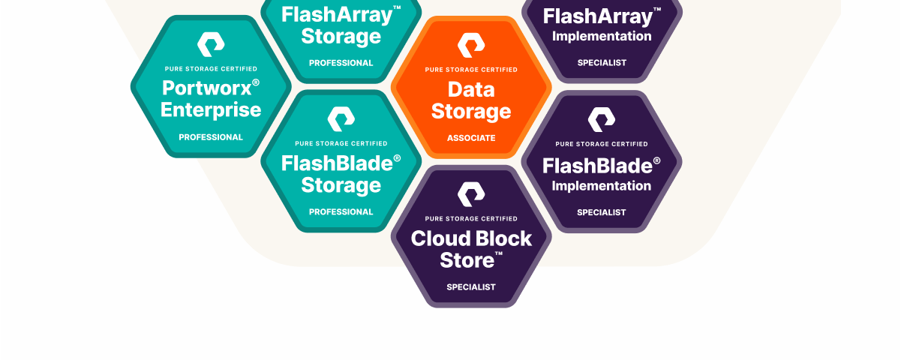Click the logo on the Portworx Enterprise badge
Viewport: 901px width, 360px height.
tap(211, 44)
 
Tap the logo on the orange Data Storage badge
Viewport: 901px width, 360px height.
tap(471, 45)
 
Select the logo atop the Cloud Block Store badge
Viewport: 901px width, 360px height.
tap(471, 194)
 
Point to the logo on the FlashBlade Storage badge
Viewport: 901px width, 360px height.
tap(341, 119)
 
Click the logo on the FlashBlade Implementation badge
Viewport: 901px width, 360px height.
tap(601, 119)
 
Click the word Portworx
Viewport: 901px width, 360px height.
tap(205, 88)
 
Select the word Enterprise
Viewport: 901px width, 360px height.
tap(211, 110)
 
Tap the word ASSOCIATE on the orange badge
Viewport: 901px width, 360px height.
tap(471, 138)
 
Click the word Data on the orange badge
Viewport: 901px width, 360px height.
tap(471, 90)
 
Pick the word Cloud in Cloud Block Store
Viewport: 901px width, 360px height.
tap(439, 239)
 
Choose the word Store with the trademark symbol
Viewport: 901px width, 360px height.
tap(467, 261)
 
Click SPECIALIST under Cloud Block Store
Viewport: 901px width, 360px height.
tap(471, 287)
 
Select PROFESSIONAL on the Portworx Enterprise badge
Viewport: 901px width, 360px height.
tap(211, 137)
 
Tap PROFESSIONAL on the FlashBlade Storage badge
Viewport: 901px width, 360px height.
tap(341, 212)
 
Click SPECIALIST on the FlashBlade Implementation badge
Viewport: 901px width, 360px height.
tap(601, 212)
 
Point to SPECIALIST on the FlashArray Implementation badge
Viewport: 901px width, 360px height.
tap(601, 63)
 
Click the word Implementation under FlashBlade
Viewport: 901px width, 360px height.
tap(601, 186)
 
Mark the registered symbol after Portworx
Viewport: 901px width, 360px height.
tap(256, 82)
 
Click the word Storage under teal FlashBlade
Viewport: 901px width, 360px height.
tap(341, 185)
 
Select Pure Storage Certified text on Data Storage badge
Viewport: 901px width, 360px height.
tap(471, 70)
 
